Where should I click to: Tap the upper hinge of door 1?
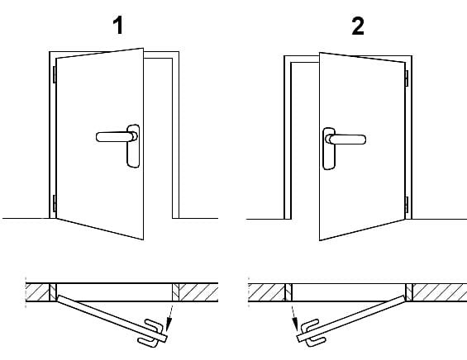[x=55, y=73]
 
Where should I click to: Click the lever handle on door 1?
[x=112, y=135]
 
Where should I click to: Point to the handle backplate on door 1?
[x=131, y=146]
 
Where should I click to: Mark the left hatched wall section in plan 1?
[x=39, y=291]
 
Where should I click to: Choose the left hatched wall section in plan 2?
[x=266, y=291]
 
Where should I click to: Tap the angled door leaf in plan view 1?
[x=107, y=317]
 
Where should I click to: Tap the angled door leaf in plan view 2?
[x=355, y=317]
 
